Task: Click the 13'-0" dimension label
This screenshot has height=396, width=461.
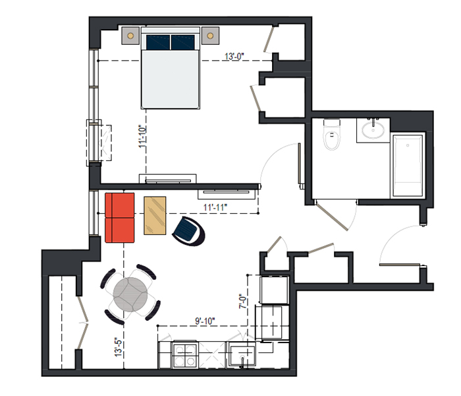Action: (x=234, y=56)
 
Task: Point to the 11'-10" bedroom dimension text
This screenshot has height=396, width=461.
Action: (x=143, y=137)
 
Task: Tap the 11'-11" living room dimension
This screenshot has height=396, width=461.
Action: (x=215, y=207)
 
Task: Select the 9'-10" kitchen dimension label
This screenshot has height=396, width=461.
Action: (x=205, y=321)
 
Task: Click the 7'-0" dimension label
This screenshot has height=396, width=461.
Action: (x=242, y=301)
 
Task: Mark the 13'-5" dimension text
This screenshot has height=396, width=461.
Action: (x=119, y=347)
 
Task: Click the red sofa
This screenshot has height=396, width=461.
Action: (x=120, y=218)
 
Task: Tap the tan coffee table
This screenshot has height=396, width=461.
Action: (x=155, y=216)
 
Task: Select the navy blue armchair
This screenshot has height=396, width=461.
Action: (x=189, y=231)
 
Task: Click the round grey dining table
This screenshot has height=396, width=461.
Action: (x=130, y=294)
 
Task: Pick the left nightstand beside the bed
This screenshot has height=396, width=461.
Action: (x=130, y=36)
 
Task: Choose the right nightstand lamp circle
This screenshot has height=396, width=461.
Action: (x=210, y=36)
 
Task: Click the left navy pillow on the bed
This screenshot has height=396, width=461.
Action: (x=158, y=42)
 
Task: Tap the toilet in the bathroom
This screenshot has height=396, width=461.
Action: (x=332, y=135)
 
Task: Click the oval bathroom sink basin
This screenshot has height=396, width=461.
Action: (x=373, y=130)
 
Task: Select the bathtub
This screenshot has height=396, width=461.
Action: (x=408, y=166)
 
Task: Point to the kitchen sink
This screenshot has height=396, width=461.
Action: (x=242, y=355)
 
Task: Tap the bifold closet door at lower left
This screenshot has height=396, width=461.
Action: (x=82, y=323)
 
